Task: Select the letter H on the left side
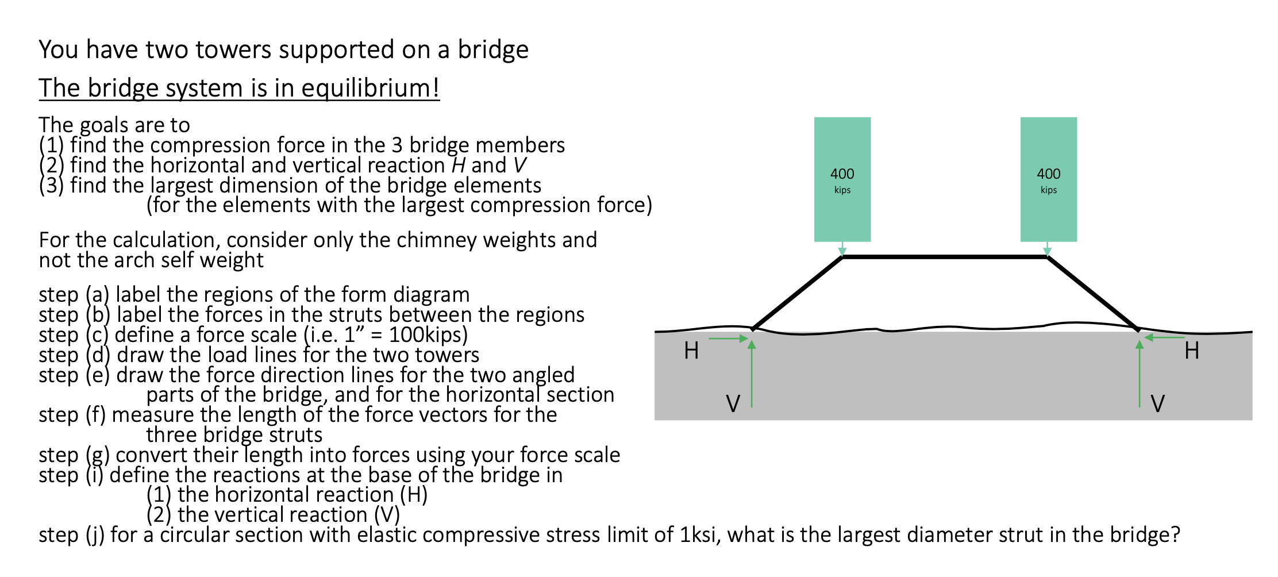pyautogui.click(x=691, y=351)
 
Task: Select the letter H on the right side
pyautogui.click(x=1191, y=351)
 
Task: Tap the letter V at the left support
pyautogui.click(x=733, y=403)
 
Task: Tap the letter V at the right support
pyautogui.click(x=1157, y=403)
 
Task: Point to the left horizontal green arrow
pyautogui.click(x=727, y=338)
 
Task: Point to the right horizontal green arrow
pyautogui.click(x=1164, y=337)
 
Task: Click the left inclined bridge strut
pyautogui.click(x=798, y=293)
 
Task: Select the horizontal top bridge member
pyautogui.click(x=945, y=257)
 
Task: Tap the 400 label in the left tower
pyautogui.click(x=842, y=174)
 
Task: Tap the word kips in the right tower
pyautogui.click(x=1048, y=190)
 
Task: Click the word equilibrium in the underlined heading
pyautogui.click(x=369, y=89)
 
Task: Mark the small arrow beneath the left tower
pyautogui.click(x=842, y=249)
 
